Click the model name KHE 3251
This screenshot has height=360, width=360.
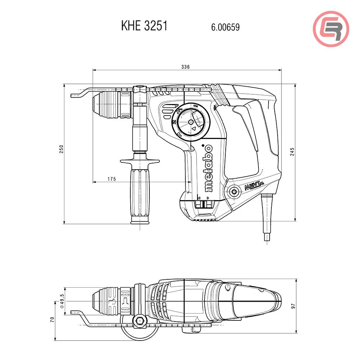tap(144, 26)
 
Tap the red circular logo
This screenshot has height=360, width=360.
tap(331, 29)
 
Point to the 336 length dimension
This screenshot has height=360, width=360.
tap(185, 67)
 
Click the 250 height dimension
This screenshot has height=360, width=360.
tap(61, 150)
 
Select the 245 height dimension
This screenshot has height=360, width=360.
tap(292, 152)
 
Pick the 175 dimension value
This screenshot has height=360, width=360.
tap(112, 179)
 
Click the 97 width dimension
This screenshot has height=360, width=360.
tap(293, 306)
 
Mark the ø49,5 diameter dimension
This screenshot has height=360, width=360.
tap(62, 301)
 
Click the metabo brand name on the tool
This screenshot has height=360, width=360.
tap(208, 168)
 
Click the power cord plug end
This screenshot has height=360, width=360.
tap(267, 238)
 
